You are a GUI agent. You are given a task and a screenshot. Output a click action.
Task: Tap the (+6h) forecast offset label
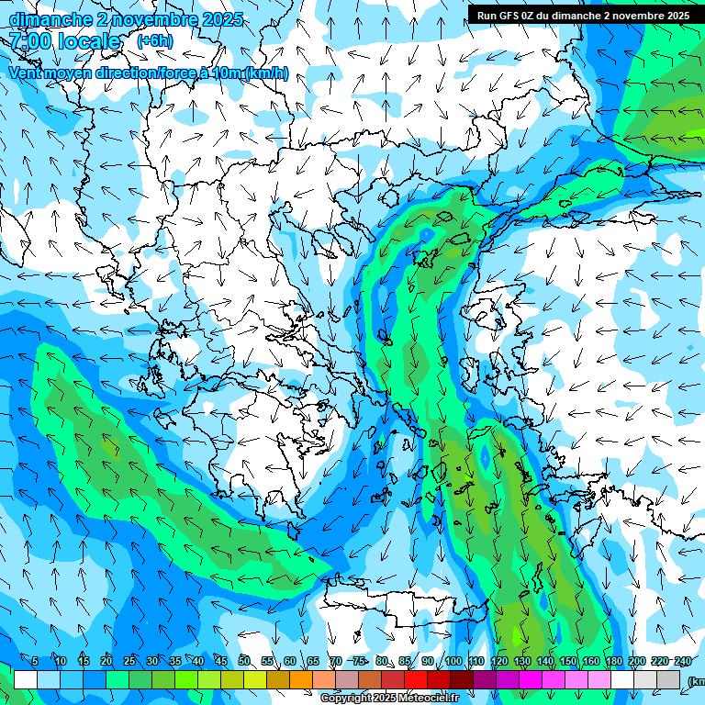pos(154,40)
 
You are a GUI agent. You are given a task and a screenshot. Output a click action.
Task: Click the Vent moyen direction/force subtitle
pos(147,73)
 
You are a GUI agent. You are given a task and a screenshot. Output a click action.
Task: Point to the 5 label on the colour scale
pos(35,661)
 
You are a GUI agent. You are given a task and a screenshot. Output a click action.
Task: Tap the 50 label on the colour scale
pos(244,661)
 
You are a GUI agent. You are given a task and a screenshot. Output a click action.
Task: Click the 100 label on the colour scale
pos(453,661)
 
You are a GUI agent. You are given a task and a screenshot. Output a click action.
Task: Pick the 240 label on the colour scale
pos(683,661)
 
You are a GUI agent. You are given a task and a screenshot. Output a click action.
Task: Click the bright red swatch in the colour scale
pos(416,679)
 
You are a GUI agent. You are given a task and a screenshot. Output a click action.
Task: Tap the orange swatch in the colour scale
pos(301,679)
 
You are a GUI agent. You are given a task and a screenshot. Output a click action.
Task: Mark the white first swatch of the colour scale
pos(25,679)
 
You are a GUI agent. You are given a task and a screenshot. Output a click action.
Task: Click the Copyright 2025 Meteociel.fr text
pos(389,699)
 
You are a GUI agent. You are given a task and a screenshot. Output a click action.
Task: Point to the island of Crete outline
pos(404,601)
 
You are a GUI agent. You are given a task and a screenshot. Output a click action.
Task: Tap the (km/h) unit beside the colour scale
pos(695,680)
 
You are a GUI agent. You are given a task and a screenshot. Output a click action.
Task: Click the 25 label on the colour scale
pos(129,661)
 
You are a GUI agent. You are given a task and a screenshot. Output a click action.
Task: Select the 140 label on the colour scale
pos(545,661)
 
